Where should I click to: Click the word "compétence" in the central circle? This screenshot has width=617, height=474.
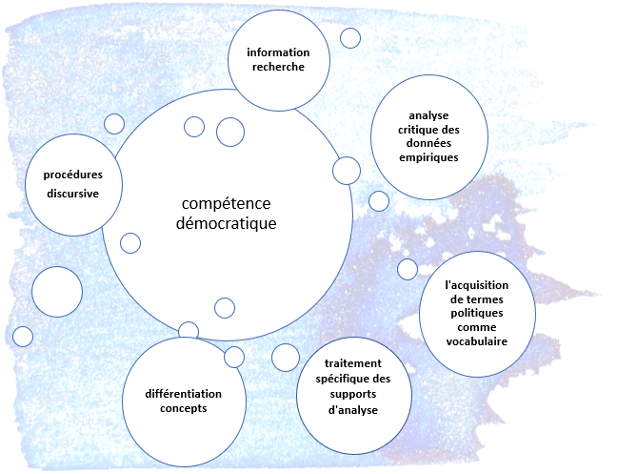(227, 205)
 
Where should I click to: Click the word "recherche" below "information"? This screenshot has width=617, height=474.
(279, 66)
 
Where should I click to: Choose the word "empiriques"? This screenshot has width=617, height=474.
(428, 157)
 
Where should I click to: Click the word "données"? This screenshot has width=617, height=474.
(428, 144)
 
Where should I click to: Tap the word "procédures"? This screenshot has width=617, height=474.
(73, 175)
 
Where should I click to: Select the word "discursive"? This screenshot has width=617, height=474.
(73, 194)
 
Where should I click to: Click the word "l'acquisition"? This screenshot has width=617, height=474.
(477, 284)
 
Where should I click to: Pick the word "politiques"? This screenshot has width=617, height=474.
(477, 313)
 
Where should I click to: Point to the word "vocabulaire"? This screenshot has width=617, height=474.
(477, 341)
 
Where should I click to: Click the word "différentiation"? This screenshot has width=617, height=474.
(184, 394)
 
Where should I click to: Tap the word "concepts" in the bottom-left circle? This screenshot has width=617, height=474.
(184, 408)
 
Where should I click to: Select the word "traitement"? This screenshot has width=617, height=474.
(352, 363)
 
